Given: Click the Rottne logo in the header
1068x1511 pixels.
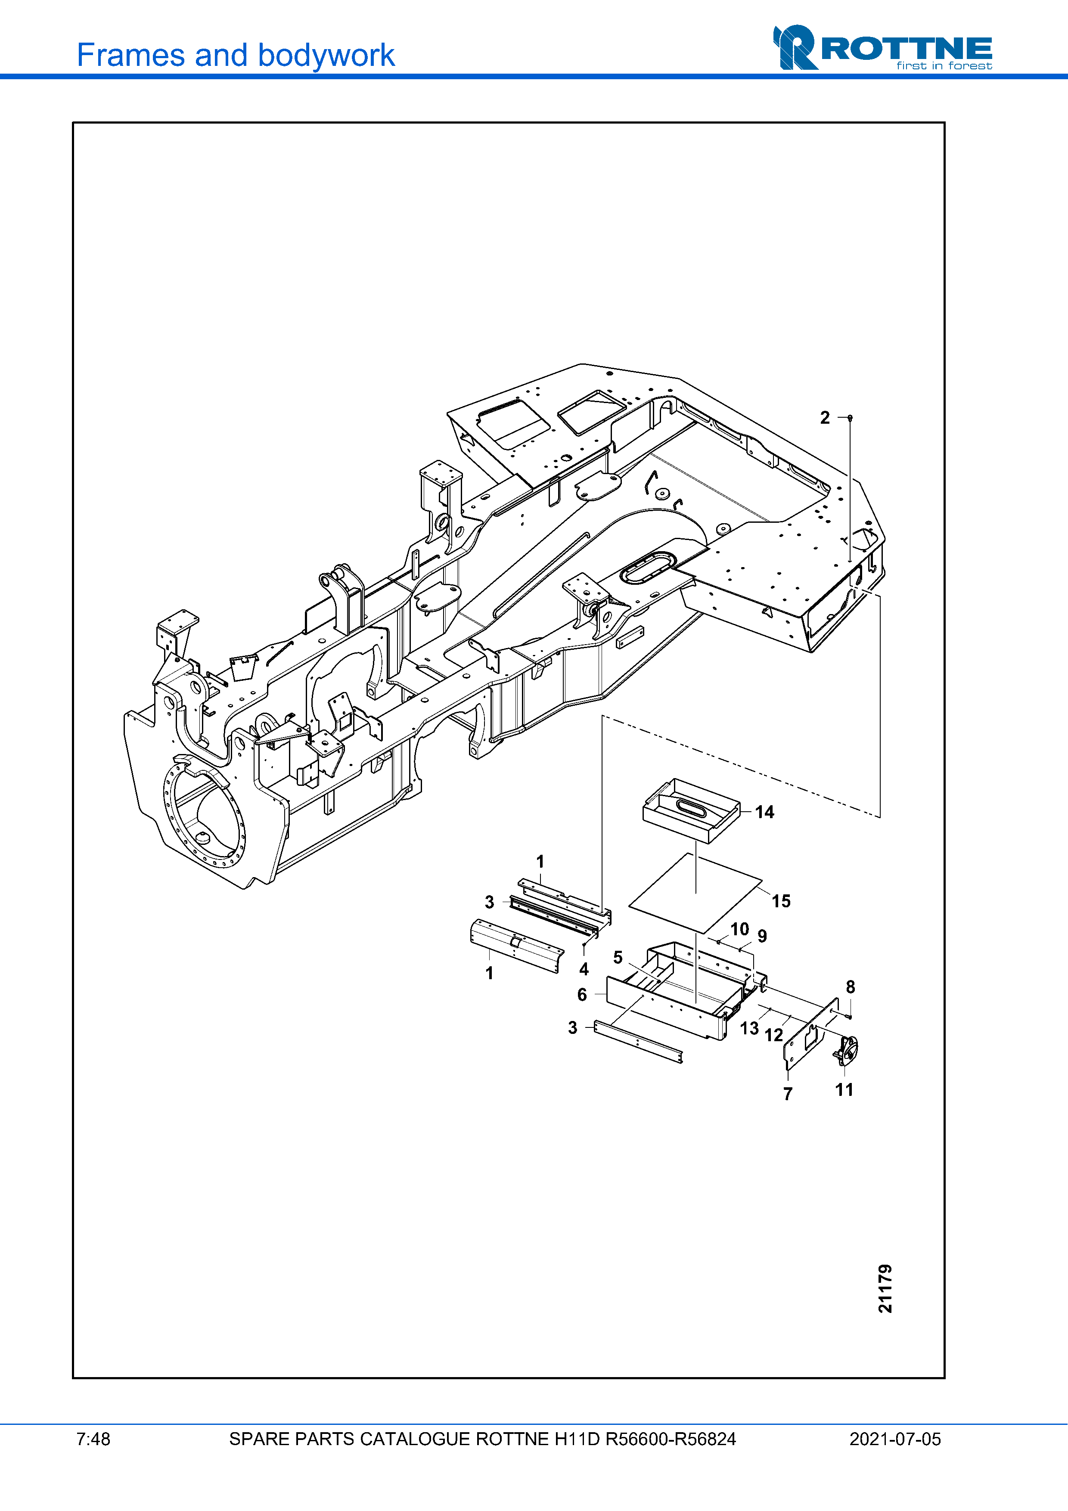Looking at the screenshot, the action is pos(882,47).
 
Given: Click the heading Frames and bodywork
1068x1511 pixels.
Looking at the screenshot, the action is pos(236,55).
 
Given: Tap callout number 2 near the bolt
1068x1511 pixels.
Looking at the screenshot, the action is pos(825,418).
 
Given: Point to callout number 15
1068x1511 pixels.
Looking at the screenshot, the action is pos(781,901).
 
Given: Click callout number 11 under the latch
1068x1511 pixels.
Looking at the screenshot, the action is pos(844,1090).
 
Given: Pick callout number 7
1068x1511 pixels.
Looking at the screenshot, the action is pos(788,1094).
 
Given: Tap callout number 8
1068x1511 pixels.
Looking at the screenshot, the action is pos(850,987).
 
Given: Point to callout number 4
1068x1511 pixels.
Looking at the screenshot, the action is pos(584,969).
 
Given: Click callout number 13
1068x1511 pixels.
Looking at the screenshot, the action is pos(749,1028).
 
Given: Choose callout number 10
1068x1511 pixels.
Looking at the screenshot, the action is pos(740,929).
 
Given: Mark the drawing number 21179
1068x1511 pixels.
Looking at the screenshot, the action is pos(885,1288).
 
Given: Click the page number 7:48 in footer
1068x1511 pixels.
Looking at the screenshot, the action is pos(93,1439).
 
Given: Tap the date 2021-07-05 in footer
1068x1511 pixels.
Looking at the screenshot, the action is pos(895,1439).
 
